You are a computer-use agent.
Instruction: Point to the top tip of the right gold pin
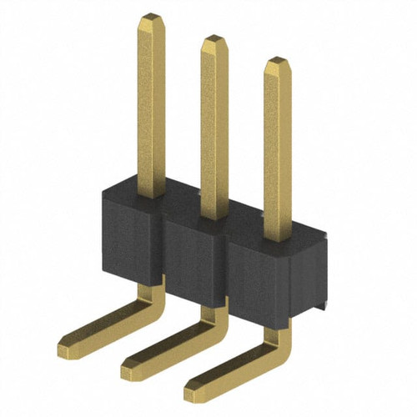(277, 62)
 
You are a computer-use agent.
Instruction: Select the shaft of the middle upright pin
(214, 125)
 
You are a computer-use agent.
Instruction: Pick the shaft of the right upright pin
(278, 146)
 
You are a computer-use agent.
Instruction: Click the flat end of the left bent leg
(70, 341)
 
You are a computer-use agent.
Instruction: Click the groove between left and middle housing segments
(163, 250)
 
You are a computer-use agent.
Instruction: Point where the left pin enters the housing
(151, 198)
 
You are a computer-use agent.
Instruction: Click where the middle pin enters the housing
(214, 219)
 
